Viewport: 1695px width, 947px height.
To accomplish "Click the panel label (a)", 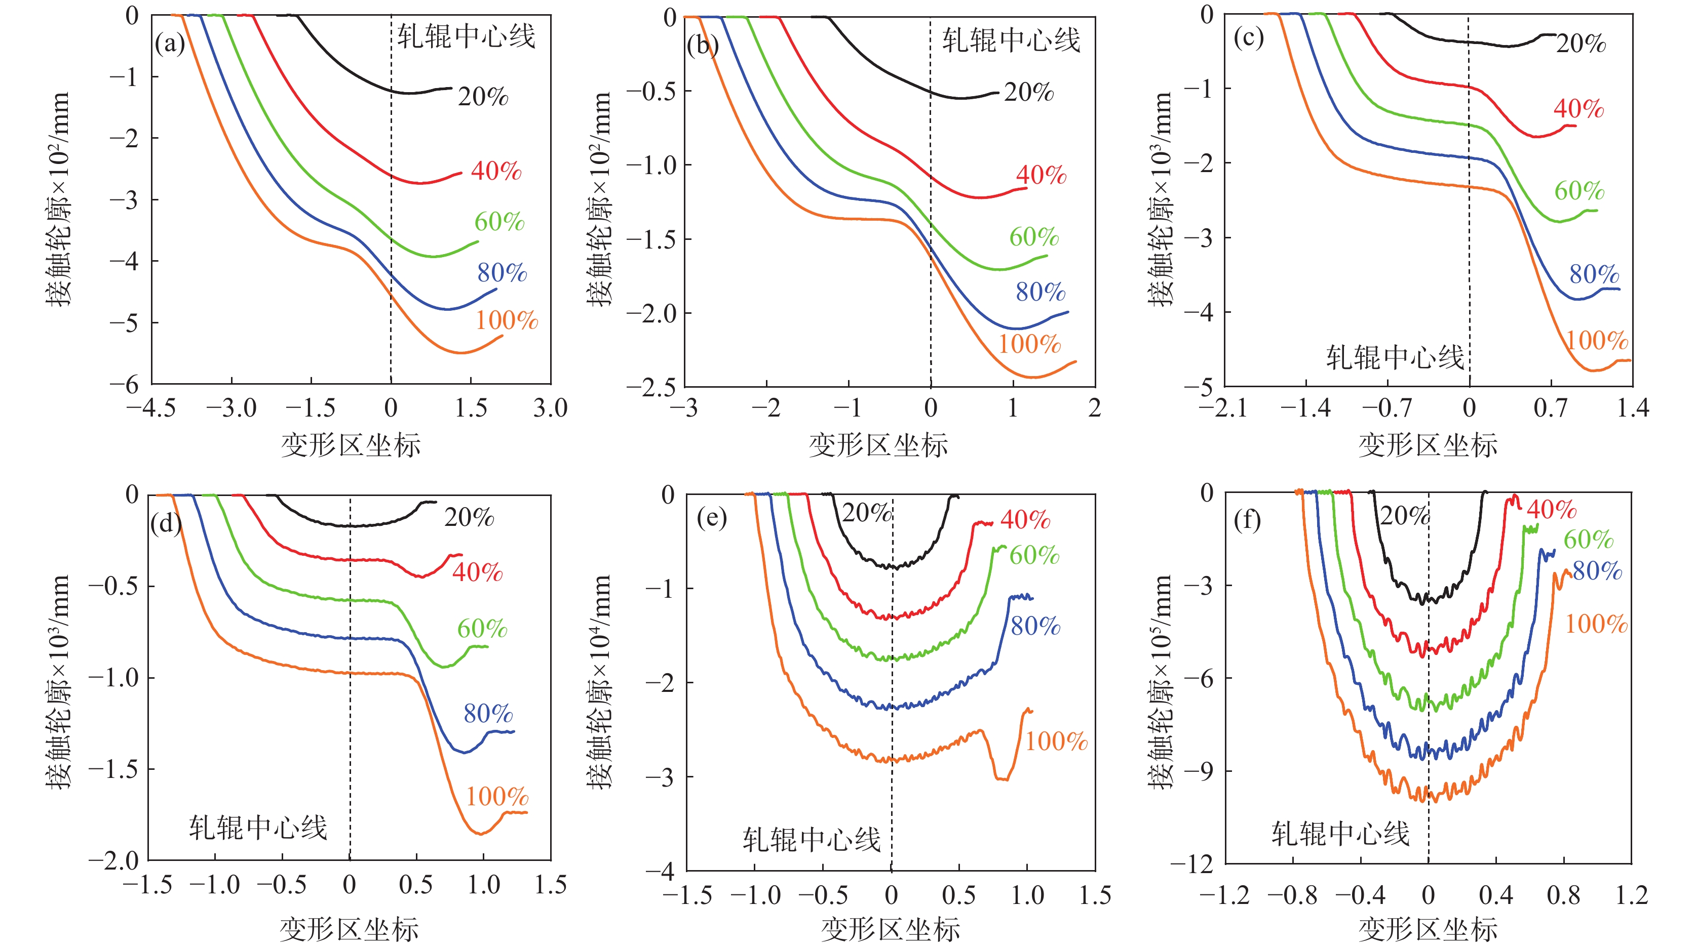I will click(x=170, y=44).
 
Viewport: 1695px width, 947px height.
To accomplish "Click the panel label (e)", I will click(x=711, y=518).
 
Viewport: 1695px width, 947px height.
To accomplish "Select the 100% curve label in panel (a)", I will click(x=507, y=320).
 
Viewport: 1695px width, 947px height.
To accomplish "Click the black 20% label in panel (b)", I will click(x=1028, y=92).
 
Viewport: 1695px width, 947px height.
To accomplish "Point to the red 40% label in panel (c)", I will click(x=1578, y=108).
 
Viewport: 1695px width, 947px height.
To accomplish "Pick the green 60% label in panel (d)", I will click(x=482, y=629).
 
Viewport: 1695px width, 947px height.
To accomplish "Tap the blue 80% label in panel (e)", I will click(x=1035, y=626).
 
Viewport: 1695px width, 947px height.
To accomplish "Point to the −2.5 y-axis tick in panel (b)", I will click(x=651, y=387).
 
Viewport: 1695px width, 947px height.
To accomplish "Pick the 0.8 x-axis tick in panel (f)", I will click(x=1563, y=895).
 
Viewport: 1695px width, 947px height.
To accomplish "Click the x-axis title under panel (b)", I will click(x=878, y=446).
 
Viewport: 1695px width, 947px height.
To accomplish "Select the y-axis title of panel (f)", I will click(x=1161, y=681).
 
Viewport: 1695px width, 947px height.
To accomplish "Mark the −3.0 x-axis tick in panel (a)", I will click(x=231, y=408).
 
